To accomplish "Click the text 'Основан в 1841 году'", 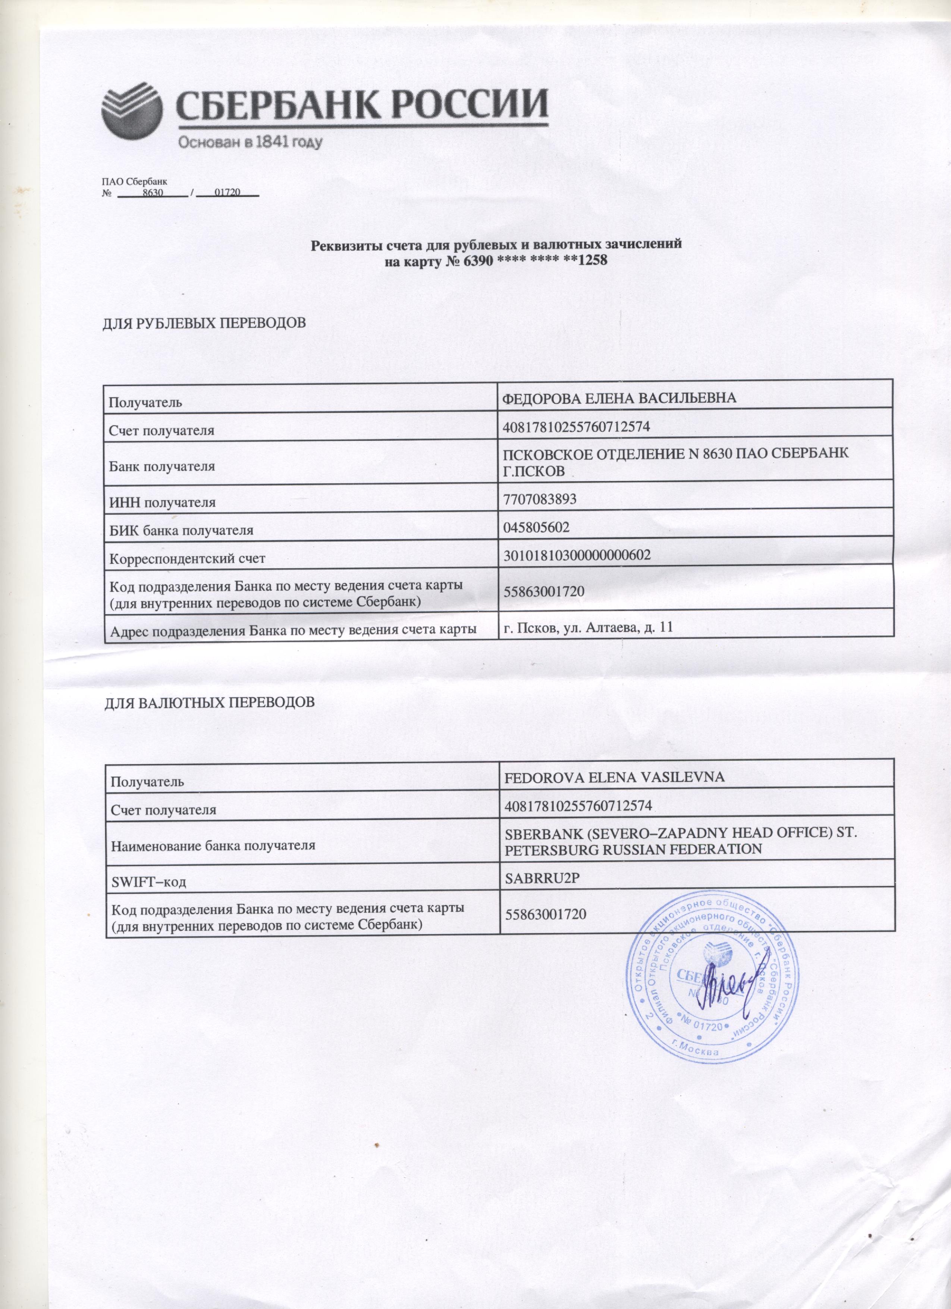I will click(x=249, y=142).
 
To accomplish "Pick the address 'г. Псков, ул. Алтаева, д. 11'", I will click(x=589, y=627).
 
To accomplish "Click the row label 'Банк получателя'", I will click(x=162, y=466).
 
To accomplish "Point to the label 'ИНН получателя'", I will click(x=163, y=503).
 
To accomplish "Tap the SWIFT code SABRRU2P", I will click(x=538, y=877).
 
